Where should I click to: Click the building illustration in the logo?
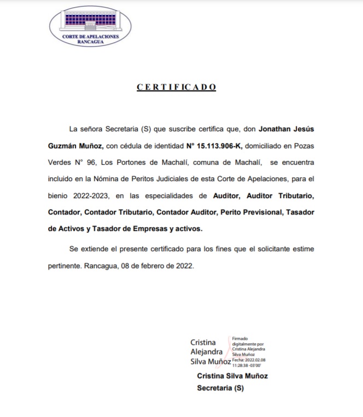click(90, 21)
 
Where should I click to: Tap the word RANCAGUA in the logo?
click(91, 41)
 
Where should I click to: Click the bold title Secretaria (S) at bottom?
click(220, 389)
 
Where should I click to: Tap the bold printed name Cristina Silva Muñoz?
click(232, 376)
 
